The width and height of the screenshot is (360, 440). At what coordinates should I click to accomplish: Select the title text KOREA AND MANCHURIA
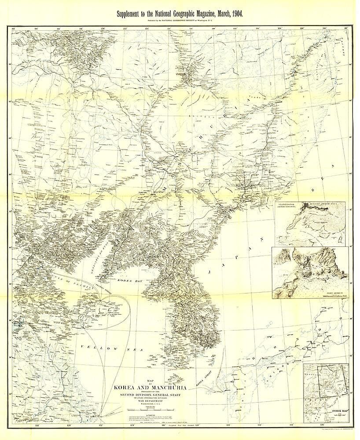[x=151, y=388]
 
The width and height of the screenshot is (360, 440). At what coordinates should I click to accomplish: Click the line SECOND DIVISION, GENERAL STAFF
[x=151, y=395]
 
